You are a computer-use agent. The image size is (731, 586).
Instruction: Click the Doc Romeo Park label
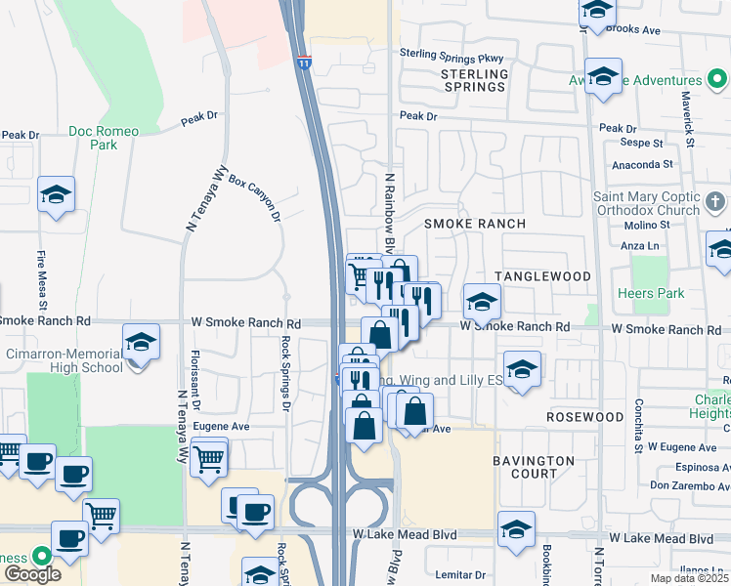point(104,138)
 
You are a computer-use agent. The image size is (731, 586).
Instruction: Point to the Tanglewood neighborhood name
point(542,276)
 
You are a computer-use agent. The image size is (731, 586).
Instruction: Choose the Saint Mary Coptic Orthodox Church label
point(647,203)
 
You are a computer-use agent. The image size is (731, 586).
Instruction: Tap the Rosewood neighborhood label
point(584,417)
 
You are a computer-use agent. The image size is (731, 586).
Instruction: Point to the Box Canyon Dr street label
point(255,196)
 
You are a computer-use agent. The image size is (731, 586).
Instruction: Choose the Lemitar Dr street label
point(459,575)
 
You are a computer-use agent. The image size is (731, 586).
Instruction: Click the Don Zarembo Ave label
point(689,485)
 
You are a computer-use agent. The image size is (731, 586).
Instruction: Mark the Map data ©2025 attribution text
point(690,578)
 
